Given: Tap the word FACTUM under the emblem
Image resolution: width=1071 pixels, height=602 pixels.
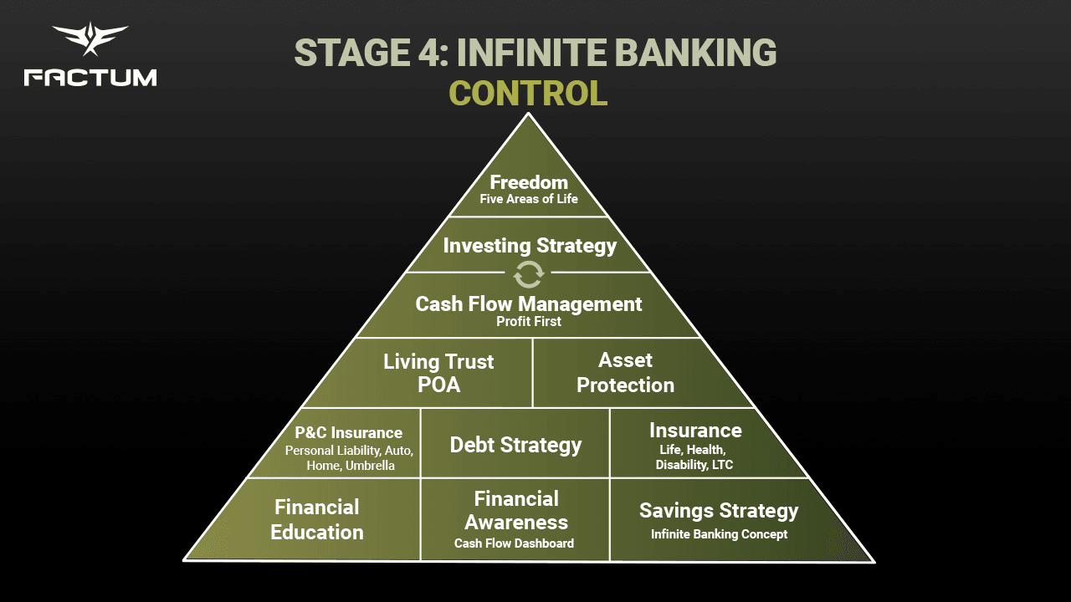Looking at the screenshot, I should click(90, 78).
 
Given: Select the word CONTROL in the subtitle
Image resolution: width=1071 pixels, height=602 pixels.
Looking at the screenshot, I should click(528, 93).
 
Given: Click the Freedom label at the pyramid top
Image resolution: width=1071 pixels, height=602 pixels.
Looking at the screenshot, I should click(529, 182).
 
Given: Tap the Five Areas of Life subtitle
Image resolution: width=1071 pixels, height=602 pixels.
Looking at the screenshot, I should click(529, 200).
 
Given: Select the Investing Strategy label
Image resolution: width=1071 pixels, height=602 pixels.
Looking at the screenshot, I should click(530, 246).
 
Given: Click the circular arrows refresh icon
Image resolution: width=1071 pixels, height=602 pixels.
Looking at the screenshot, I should click(529, 273).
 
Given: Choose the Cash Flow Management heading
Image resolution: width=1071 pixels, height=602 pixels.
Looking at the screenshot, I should click(529, 304).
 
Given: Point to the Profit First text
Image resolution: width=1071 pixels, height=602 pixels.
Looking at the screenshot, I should click(529, 321).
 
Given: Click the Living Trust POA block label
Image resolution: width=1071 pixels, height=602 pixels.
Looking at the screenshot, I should click(438, 373).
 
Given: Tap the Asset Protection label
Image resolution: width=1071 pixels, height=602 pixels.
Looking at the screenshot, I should click(625, 373).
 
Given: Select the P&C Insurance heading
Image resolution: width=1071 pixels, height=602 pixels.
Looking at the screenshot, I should click(349, 433).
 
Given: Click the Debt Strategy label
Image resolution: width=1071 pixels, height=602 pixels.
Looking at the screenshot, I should click(515, 445).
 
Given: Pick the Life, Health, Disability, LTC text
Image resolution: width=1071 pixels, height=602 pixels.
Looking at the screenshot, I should click(694, 457).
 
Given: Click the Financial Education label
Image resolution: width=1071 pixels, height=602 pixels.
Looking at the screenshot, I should click(317, 519).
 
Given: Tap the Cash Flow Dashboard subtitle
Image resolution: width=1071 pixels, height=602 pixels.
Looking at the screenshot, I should click(515, 543).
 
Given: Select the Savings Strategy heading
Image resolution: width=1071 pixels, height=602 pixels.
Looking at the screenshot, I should click(719, 510).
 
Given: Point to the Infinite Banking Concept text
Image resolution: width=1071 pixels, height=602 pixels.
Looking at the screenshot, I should click(719, 534).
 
